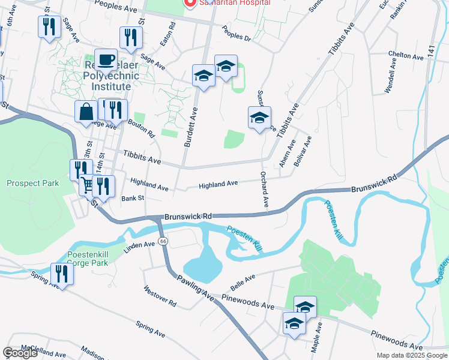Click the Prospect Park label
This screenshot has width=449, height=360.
33,183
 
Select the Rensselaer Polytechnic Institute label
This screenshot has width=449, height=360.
93,77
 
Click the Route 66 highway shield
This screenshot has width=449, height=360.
163,241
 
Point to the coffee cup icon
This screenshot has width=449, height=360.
106,59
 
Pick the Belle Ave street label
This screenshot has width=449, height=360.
247,278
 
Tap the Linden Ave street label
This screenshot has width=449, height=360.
139,248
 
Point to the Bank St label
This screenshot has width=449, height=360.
133,198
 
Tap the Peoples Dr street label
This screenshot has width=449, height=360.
237,32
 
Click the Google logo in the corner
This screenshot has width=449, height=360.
20,353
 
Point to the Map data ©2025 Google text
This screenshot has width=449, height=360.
411,355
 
